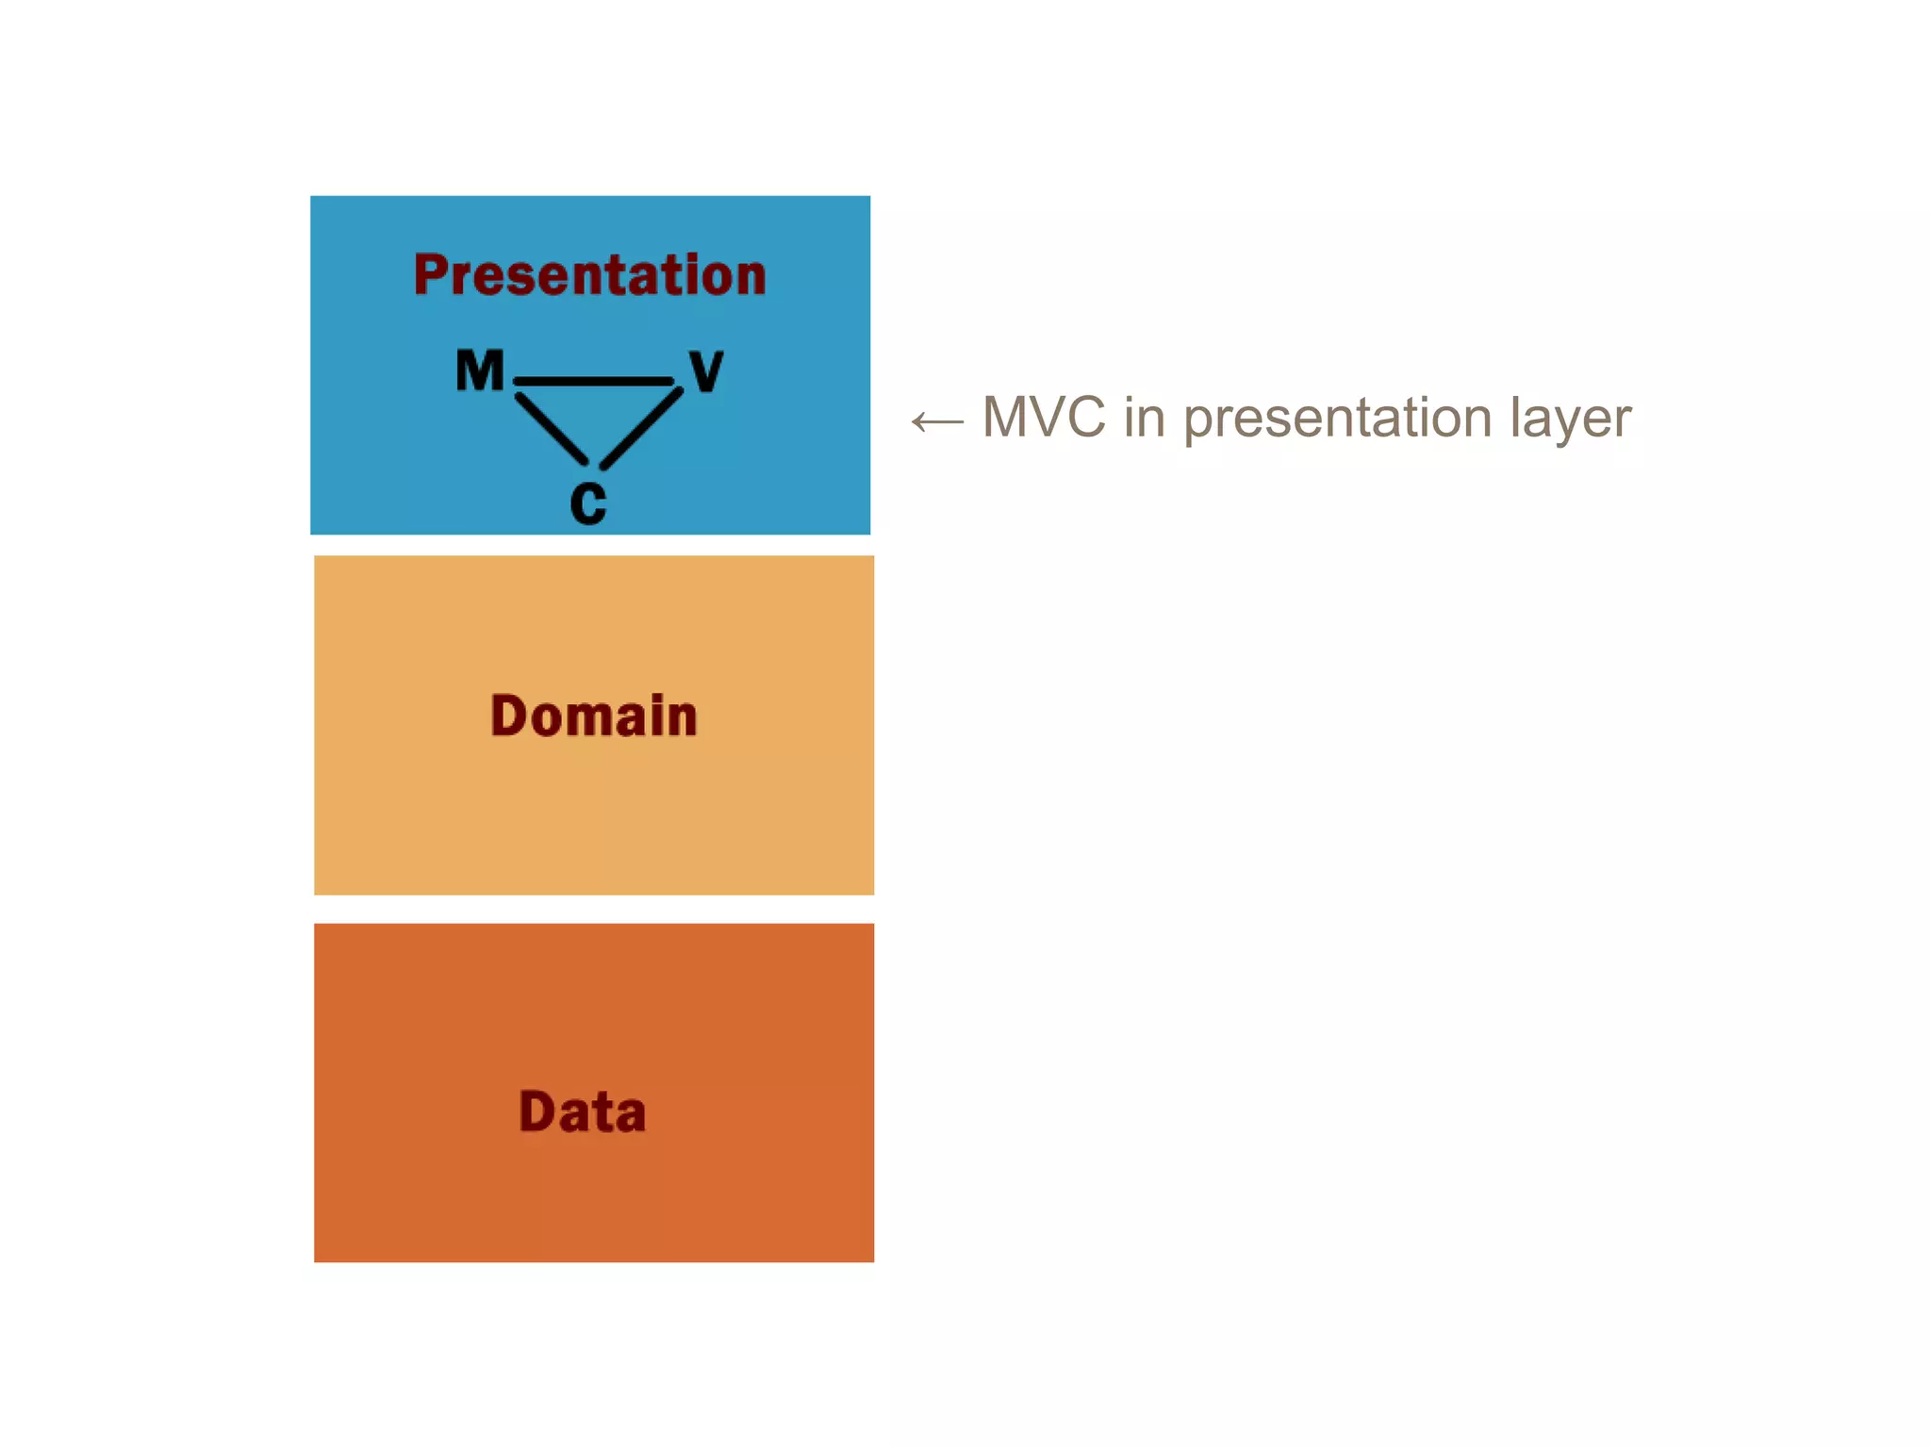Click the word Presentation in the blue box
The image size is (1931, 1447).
[x=589, y=275]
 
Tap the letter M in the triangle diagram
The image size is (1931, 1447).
[x=480, y=370]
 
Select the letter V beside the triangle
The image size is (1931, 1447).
[x=706, y=370]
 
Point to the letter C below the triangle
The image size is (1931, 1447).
[x=588, y=503]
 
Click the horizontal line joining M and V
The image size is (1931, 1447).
[x=594, y=382]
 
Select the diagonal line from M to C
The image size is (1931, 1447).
[x=552, y=430]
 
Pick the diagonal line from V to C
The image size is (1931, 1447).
[x=641, y=428]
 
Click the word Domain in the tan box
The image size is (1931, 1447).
[x=593, y=715]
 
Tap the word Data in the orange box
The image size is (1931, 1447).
[x=583, y=1111]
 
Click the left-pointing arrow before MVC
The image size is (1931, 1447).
[x=937, y=421]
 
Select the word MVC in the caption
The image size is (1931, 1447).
[x=1043, y=417]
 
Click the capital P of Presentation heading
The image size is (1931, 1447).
[x=430, y=275]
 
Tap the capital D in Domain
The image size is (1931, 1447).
[x=509, y=715]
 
